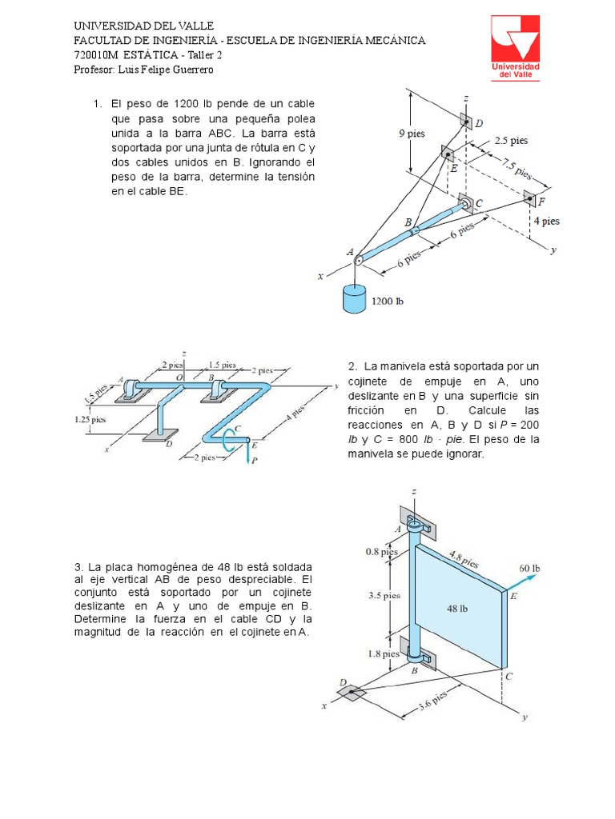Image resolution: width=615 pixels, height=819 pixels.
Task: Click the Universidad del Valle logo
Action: click(x=515, y=49)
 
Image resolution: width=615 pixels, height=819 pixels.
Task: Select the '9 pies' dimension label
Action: click(x=412, y=134)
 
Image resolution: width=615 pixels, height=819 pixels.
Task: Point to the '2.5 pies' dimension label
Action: click(x=511, y=140)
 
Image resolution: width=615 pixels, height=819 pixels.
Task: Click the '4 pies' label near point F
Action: click(x=546, y=222)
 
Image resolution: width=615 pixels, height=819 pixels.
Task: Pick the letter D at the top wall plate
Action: click(x=479, y=123)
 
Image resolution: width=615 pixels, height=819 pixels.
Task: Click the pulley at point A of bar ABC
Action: click(x=358, y=258)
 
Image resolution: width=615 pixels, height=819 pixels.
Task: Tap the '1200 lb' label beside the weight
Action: click(x=388, y=302)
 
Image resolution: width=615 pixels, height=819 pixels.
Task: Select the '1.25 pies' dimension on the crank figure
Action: click(x=87, y=417)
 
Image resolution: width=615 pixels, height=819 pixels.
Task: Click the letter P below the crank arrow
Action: click(x=254, y=461)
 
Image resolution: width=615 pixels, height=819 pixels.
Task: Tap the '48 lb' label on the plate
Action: click(x=457, y=607)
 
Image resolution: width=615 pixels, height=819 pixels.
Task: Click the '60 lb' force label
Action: click(x=529, y=569)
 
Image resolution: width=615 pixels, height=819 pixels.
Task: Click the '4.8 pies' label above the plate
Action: click(x=464, y=558)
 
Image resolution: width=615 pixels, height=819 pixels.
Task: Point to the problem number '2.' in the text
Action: click(x=352, y=366)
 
